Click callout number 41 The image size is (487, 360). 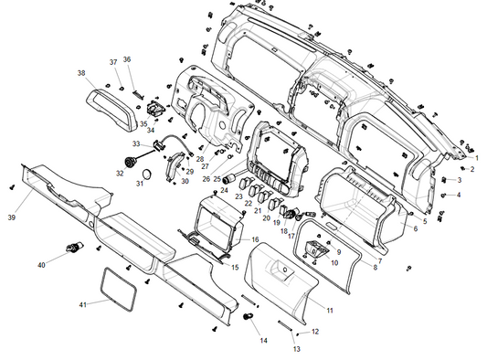point(82,304)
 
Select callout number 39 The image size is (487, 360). point(12,217)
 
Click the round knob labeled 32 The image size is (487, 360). point(129,163)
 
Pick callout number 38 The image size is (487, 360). point(81,73)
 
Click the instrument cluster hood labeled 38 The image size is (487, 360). point(111,110)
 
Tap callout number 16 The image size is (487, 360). point(255,239)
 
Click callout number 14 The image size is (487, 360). point(263,341)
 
